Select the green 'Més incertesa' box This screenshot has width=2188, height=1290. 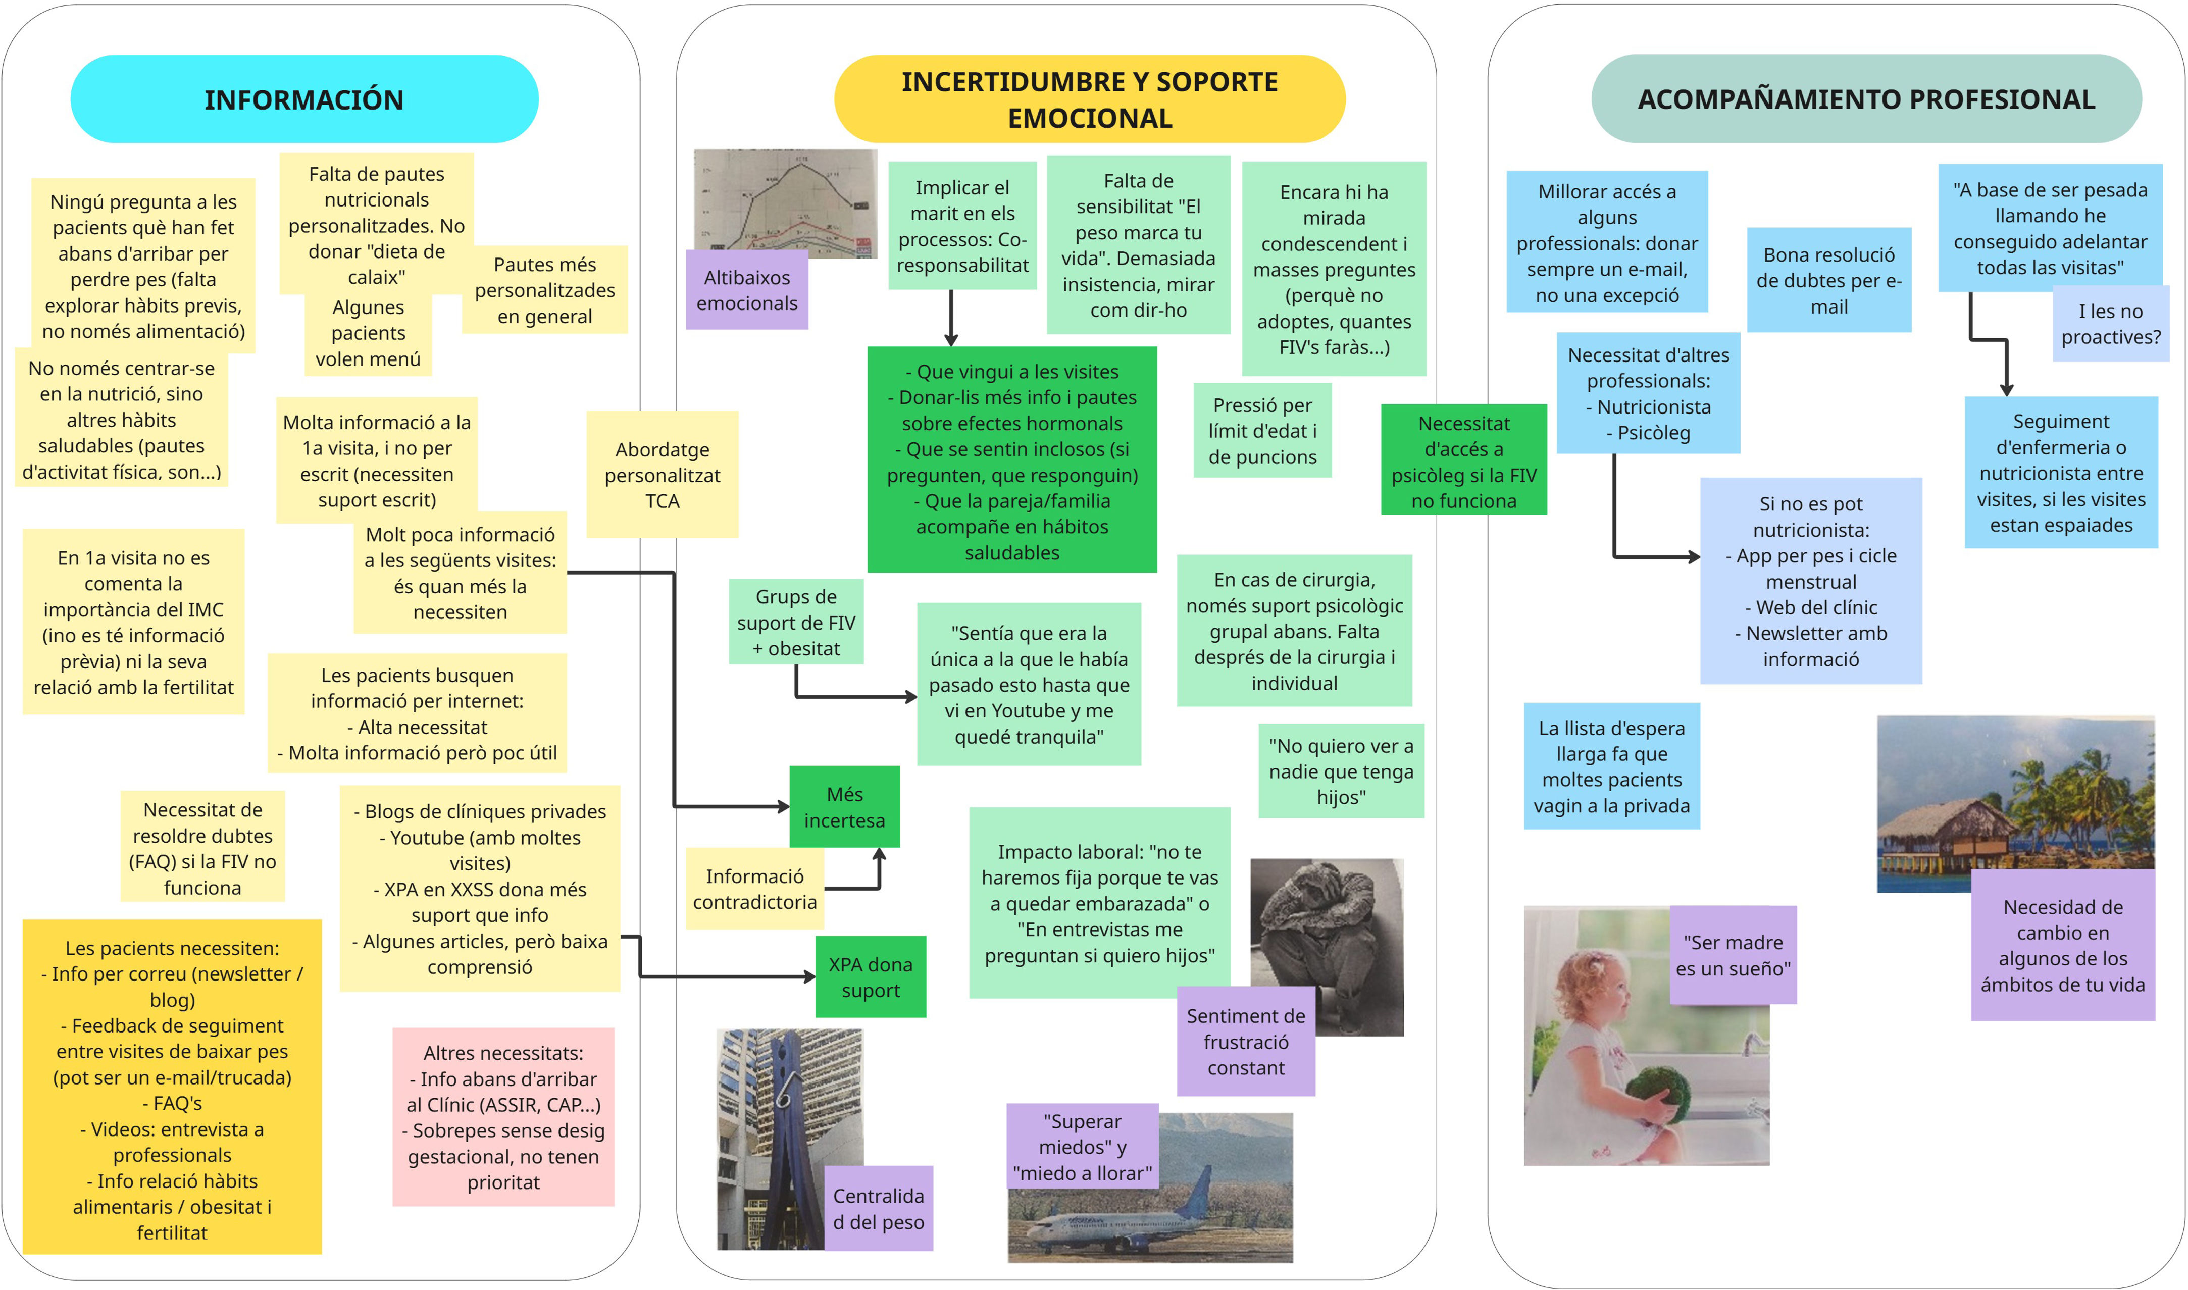[844, 807]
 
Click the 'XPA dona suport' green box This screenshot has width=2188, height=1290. [870, 977]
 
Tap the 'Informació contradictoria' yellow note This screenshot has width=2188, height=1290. [754, 889]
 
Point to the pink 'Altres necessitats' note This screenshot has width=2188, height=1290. [503, 1117]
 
